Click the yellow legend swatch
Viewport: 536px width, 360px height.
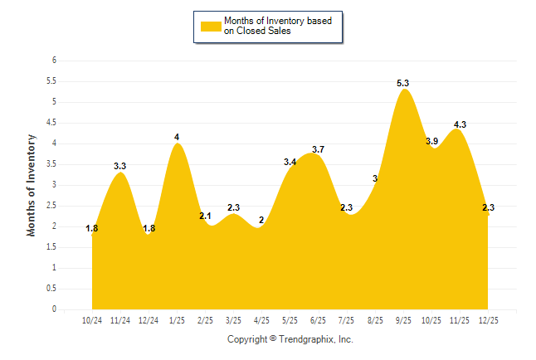click(210, 26)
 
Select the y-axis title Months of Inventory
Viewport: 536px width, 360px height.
click(32, 185)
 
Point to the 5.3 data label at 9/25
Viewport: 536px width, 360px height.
click(403, 83)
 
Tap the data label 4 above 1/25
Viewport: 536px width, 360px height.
click(177, 137)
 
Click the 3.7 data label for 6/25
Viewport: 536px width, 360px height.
click(318, 149)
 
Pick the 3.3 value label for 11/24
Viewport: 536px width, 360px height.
click(119, 166)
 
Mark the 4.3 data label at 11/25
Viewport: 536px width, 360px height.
click(460, 124)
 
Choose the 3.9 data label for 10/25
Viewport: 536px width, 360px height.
click(432, 141)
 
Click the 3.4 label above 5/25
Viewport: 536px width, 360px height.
click(290, 162)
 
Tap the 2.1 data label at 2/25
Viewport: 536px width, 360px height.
click(206, 216)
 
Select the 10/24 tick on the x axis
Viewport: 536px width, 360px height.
click(92, 319)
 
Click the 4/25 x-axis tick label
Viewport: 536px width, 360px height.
click(261, 319)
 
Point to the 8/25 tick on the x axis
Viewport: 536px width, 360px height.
click(375, 319)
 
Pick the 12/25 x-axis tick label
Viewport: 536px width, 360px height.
click(488, 319)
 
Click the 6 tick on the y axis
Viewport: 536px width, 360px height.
click(54, 61)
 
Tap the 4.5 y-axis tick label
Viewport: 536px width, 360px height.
click(51, 123)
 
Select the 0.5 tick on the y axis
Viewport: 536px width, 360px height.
click(51, 289)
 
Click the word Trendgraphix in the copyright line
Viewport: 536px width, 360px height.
click(305, 339)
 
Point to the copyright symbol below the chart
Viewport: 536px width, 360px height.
click(273, 339)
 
